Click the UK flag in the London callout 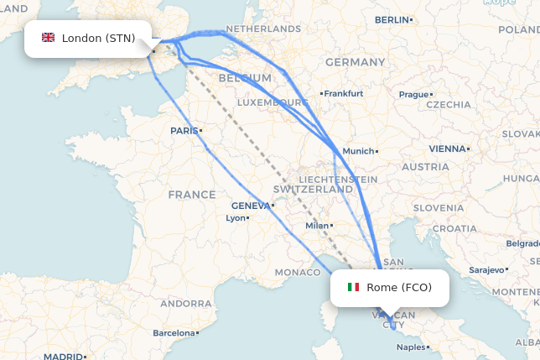tap(48, 38)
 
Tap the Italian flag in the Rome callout tap(353, 288)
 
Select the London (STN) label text tap(98, 38)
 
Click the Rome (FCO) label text tap(399, 288)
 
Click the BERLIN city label tap(392, 19)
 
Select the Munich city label tap(358, 151)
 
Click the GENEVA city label tap(251, 206)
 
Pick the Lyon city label tap(236, 218)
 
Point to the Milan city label tap(317, 225)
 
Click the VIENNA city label tap(446, 149)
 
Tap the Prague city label tap(413, 95)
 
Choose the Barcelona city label tap(173, 333)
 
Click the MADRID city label tap(63, 356)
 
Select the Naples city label tap(411, 347)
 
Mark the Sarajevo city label tap(485, 270)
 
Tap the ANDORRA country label tap(185, 303)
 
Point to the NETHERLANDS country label tap(263, 29)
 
